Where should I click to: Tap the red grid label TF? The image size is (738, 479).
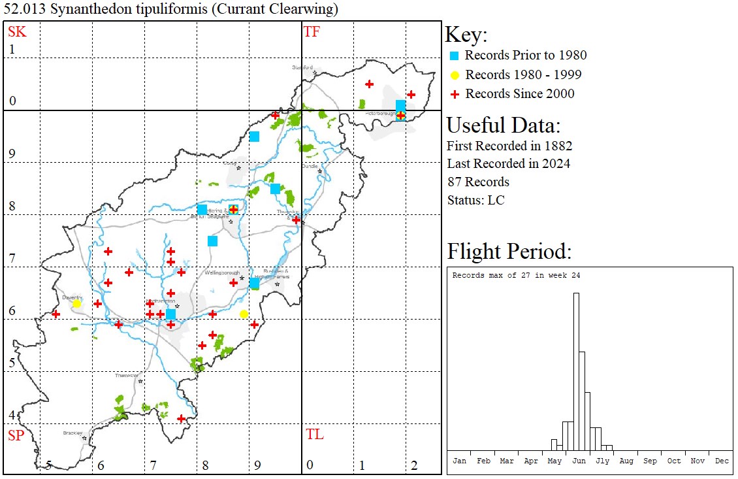[x=312, y=32]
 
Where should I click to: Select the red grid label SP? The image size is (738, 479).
[x=15, y=435]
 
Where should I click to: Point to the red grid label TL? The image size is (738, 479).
[x=314, y=435]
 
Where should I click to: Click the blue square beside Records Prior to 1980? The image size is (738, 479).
[x=455, y=56]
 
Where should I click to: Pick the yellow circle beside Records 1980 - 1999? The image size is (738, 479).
[x=455, y=74]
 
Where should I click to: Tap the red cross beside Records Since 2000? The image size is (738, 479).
[x=455, y=94]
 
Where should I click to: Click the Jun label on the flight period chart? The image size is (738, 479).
[x=579, y=461]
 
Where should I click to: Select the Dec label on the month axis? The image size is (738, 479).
[x=721, y=461]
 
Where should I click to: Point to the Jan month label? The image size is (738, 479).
[x=459, y=461]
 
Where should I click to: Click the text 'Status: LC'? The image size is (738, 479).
[x=475, y=200]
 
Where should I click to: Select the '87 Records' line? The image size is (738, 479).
[x=478, y=182]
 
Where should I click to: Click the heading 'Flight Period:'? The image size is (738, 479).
[x=509, y=252]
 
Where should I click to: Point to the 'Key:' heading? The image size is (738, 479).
[x=466, y=35]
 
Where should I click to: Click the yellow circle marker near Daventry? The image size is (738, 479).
[x=76, y=304]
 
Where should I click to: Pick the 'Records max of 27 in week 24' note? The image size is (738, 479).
[x=516, y=275]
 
